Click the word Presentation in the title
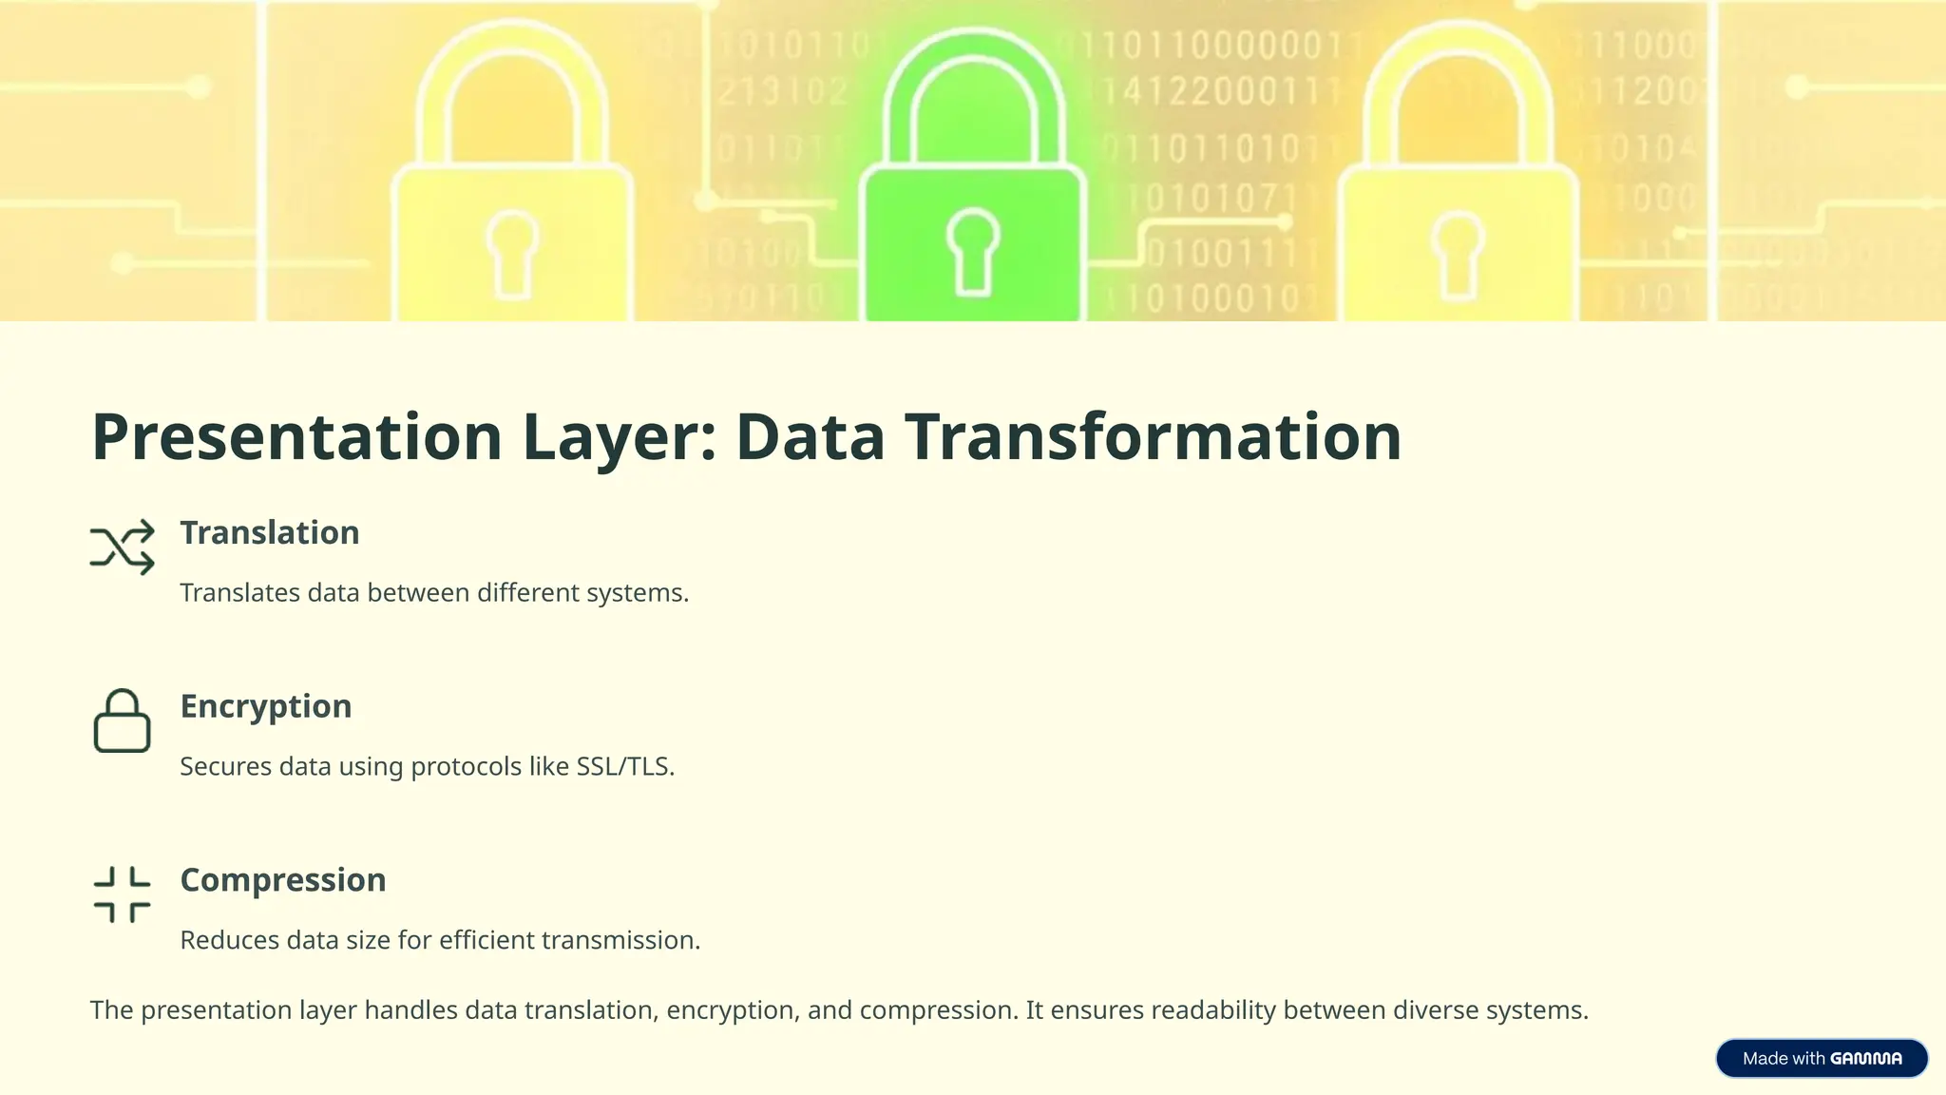(296, 437)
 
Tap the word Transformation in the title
(1153, 437)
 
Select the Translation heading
(270, 533)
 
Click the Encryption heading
(266, 707)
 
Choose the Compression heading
(283, 881)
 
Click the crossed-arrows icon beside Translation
(123, 547)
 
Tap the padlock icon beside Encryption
(123, 721)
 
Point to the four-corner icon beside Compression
(123, 894)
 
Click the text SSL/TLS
(624, 767)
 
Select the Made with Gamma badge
(1822, 1059)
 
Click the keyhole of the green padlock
(973, 250)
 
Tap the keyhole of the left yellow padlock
(513, 252)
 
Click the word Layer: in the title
(619, 437)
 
